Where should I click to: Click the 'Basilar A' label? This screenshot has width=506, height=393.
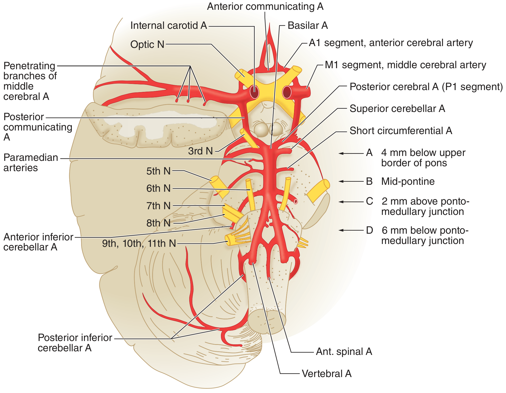pos(308,25)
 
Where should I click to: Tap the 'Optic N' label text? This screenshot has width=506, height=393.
pos(147,45)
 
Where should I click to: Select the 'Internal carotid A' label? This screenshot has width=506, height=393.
pos(169,25)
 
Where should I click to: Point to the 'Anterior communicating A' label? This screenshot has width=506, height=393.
pos(265,6)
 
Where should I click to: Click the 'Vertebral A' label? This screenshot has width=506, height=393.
pos(327,373)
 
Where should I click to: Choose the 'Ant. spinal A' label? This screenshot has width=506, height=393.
pos(344,352)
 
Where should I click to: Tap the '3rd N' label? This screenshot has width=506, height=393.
pos(200,151)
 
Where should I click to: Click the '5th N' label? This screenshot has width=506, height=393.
pos(158,171)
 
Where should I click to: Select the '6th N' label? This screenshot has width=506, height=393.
pos(158,188)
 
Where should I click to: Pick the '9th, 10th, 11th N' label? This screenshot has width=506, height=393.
pos(139,243)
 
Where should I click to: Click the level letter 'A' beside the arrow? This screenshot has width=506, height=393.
pos(369,153)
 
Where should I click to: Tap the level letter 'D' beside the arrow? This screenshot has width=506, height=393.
pos(370,230)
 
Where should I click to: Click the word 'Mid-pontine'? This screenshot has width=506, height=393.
pos(408,181)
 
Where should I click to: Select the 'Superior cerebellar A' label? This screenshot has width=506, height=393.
pos(397,109)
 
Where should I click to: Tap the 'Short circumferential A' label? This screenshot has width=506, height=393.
pos(401,131)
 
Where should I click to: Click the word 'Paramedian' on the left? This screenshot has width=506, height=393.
pos(31,158)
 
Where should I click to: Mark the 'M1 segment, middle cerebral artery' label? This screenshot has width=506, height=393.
pos(405,65)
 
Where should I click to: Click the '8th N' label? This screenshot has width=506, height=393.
pos(158,223)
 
